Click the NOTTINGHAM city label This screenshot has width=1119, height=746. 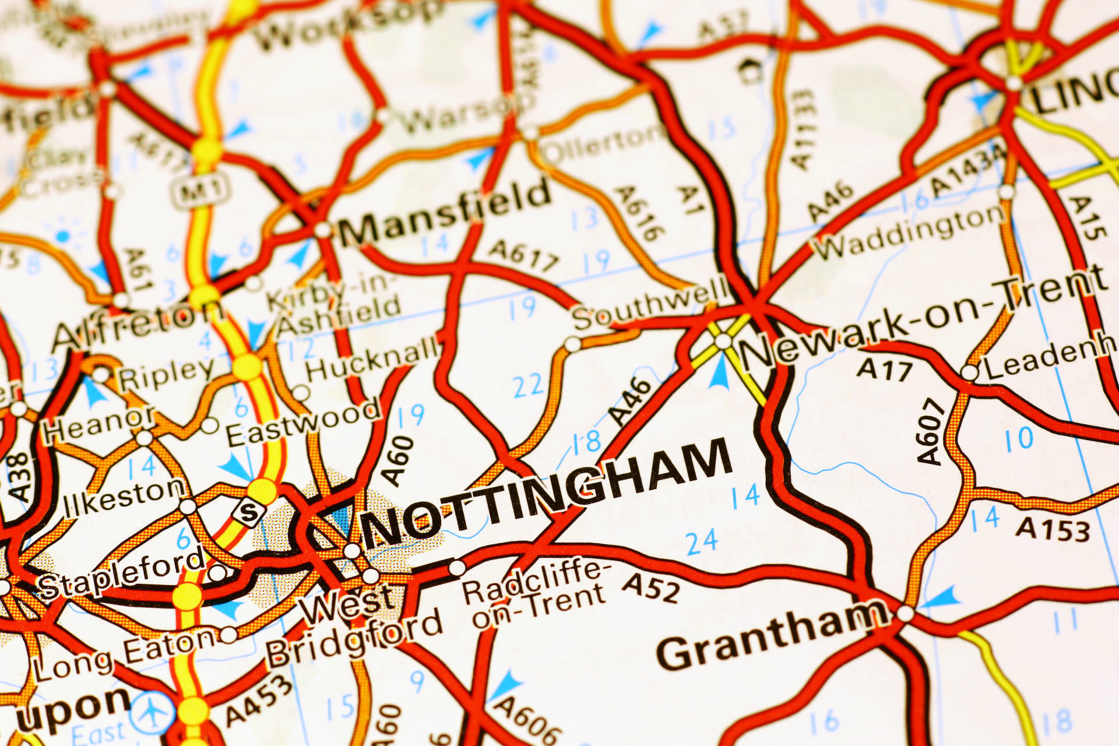point(545,492)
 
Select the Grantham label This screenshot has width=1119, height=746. point(772,635)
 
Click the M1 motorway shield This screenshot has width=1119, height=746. point(200,190)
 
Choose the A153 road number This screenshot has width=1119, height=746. point(1053,529)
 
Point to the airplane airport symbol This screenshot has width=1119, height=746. point(152,712)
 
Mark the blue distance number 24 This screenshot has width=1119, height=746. point(702,542)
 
